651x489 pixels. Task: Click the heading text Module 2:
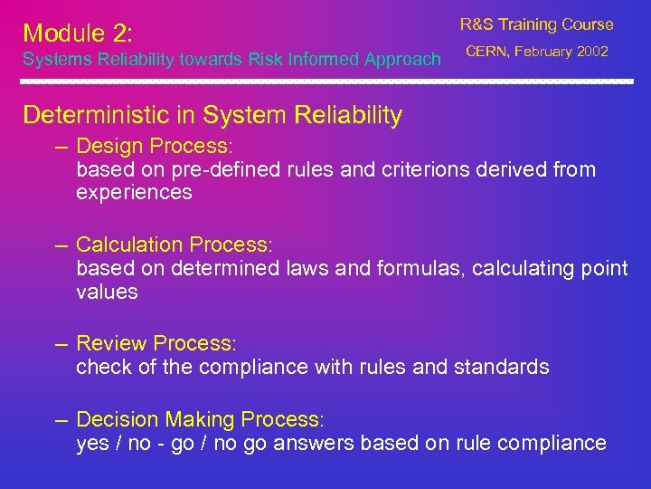tap(78, 34)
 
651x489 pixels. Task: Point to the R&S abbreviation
tap(476, 24)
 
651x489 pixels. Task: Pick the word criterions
tap(425, 169)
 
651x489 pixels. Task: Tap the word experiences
tap(134, 192)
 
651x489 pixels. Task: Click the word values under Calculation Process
tap(107, 292)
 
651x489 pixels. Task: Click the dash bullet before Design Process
tap(61, 147)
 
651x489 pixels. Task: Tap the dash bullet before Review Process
tap(61, 344)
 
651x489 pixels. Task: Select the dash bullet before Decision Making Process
tap(61, 420)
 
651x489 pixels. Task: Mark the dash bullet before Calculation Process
tap(61, 245)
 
